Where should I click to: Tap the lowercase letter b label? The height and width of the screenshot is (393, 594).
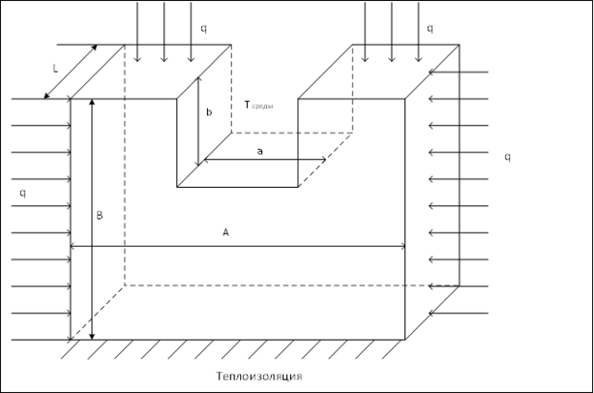coord(209,113)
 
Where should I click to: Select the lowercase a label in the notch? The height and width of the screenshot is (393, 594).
coord(258,151)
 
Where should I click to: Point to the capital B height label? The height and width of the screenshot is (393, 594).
coord(99,216)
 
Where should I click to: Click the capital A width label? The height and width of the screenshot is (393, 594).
coord(225,232)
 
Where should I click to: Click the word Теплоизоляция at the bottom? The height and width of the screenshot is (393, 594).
coord(258,376)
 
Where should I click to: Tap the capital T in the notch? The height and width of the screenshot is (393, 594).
coord(248,106)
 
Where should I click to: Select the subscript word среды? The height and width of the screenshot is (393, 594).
coord(264,107)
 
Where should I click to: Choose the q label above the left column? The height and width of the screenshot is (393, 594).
coord(203,28)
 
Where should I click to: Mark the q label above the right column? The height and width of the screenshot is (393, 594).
coord(430,28)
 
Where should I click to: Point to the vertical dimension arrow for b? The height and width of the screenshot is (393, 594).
coord(198,122)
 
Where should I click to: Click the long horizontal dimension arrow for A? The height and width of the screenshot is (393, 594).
coord(238,246)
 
